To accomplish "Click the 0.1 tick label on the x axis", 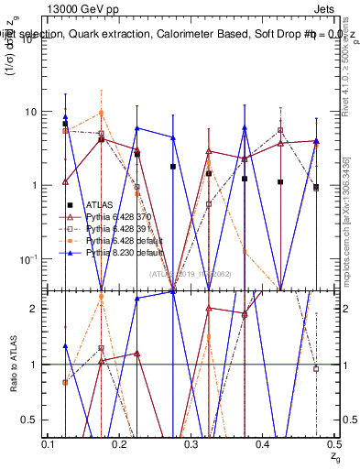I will pyautogui.click(x=49, y=444).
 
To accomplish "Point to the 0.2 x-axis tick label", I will pyautogui.click(x=120, y=444).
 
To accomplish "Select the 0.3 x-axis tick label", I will pyautogui.click(x=191, y=444).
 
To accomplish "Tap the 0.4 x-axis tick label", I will pyautogui.click(x=263, y=444).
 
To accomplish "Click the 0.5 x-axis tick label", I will pyautogui.click(x=333, y=444).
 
